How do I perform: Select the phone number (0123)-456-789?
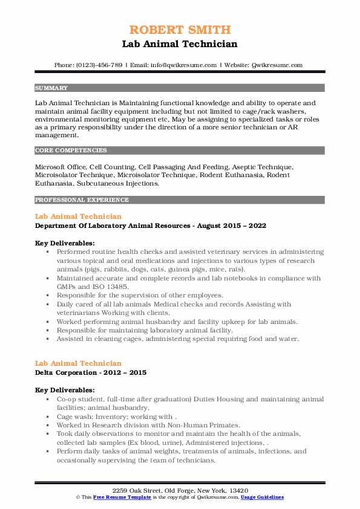tap(97, 65)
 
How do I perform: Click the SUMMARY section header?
tap(51, 88)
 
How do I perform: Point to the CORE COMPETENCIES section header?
tap(71, 150)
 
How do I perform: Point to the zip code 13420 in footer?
tap(239, 489)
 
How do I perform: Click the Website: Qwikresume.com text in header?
tap(263, 65)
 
